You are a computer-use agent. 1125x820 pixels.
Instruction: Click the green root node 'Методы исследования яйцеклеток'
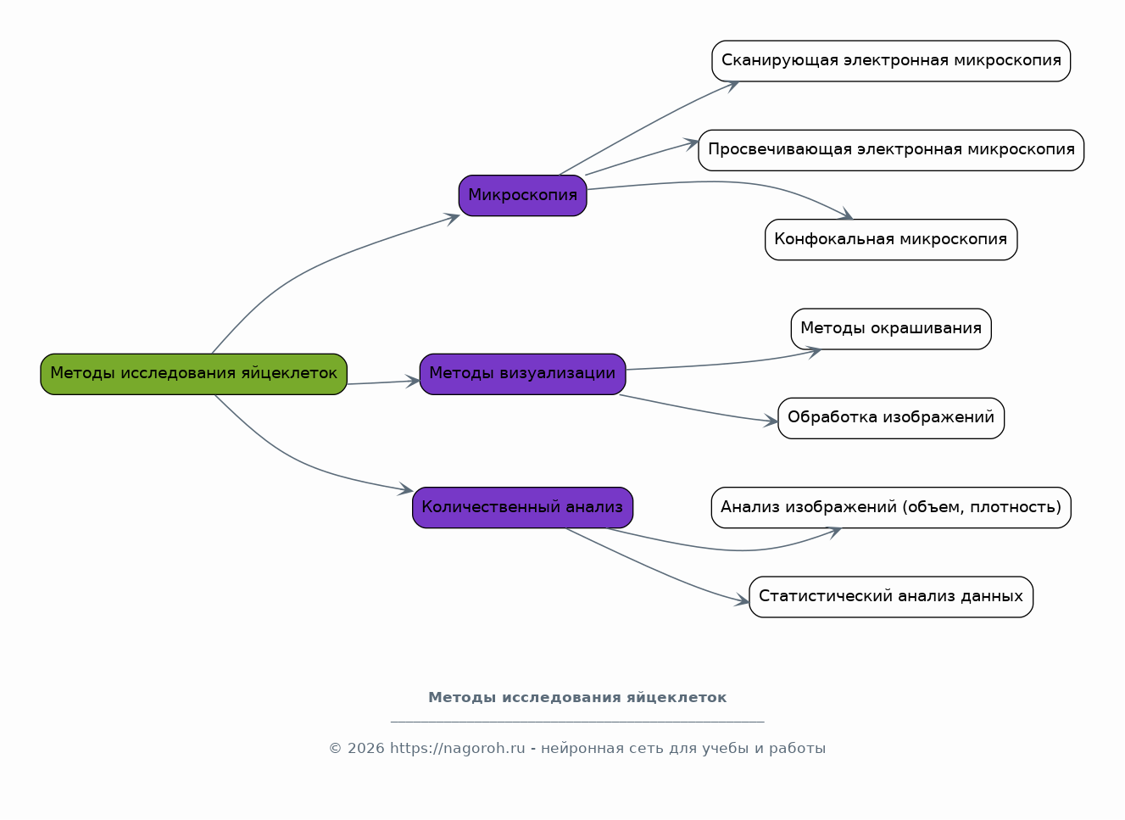click(194, 374)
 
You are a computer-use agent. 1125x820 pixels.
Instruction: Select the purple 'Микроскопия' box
click(523, 195)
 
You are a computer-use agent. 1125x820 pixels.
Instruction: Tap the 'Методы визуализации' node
click(523, 374)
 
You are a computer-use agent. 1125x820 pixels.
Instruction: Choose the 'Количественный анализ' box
click(523, 507)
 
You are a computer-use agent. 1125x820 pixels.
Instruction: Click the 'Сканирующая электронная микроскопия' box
click(892, 61)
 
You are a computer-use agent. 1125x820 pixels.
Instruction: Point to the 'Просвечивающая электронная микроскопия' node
click(892, 150)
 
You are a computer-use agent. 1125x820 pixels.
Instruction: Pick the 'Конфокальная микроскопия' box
click(892, 240)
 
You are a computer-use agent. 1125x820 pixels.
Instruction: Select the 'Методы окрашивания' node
click(892, 329)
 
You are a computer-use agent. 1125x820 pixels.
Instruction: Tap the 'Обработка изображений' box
click(892, 419)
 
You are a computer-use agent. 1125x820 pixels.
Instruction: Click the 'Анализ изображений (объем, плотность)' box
click(892, 507)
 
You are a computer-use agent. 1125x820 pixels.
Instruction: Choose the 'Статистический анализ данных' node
click(892, 597)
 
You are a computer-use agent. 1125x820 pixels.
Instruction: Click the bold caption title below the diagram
click(577, 697)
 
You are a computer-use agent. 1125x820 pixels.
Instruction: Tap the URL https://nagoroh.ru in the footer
click(458, 748)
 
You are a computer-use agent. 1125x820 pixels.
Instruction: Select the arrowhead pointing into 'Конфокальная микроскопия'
click(847, 215)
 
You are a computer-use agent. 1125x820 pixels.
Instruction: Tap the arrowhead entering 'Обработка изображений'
click(771, 421)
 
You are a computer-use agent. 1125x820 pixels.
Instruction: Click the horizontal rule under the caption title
click(577, 722)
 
